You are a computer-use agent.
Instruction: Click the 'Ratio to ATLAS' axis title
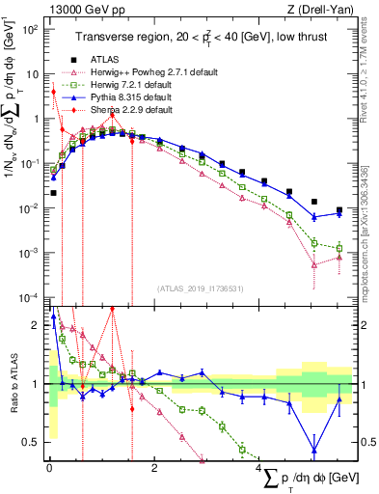tap(11, 384)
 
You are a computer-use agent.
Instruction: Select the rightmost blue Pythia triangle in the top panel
tap(338, 214)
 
